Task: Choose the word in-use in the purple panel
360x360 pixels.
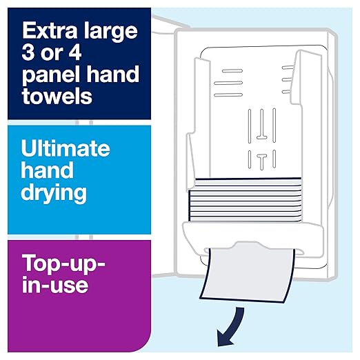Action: click(54, 284)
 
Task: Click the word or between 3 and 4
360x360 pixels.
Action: click(58, 52)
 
